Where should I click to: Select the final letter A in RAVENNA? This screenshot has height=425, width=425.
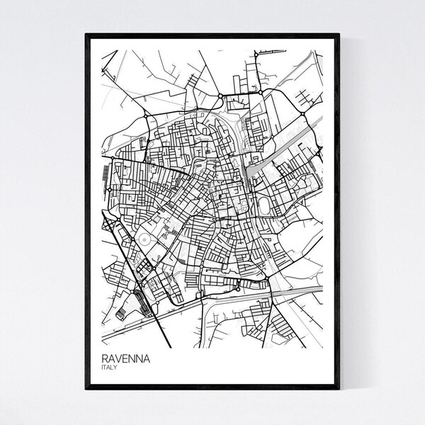tap(150, 361)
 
